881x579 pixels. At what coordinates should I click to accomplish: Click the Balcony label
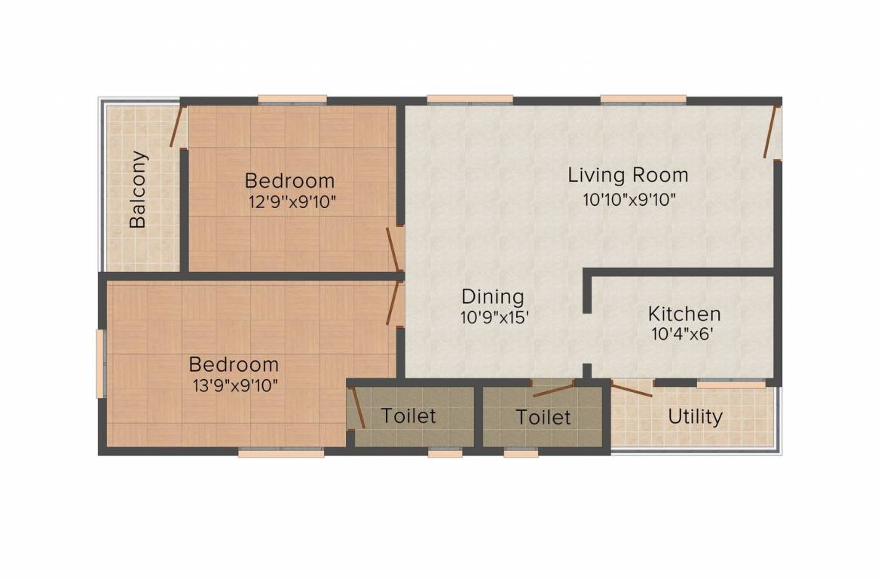pyautogui.click(x=138, y=189)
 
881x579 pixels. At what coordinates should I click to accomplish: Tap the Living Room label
pyautogui.click(x=629, y=175)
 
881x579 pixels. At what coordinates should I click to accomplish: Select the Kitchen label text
pyautogui.click(x=684, y=313)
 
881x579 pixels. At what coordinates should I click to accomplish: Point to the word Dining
pyautogui.click(x=493, y=297)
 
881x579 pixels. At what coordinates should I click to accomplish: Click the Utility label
pyautogui.click(x=695, y=417)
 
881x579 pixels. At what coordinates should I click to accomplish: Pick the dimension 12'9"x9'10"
pyautogui.click(x=292, y=201)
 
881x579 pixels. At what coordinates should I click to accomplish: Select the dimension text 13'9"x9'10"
pyautogui.click(x=235, y=386)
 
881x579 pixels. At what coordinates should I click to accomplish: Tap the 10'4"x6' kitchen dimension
pyautogui.click(x=683, y=335)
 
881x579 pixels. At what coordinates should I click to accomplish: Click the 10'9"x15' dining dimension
pyautogui.click(x=495, y=317)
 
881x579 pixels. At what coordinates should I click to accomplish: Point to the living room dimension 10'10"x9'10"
pyautogui.click(x=629, y=199)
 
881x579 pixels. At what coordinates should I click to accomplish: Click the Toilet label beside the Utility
pyautogui.click(x=543, y=417)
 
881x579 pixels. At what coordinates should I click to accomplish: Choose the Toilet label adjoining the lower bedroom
pyautogui.click(x=408, y=416)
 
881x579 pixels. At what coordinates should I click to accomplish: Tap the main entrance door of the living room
pyautogui.click(x=772, y=131)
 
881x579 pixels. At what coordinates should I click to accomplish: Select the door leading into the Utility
pyautogui.click(x=632, y=389)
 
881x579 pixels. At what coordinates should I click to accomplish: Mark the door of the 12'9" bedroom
pyautogui.click(x=394, y=250)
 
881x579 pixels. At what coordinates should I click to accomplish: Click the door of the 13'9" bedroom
pyautogui.click(x=394, y=303)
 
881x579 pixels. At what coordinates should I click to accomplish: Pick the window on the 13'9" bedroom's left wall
pyautogui.click(x=101, y=363)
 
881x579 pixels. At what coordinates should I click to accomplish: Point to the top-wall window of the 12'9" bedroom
pyautogui.click(x=292, y=100)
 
